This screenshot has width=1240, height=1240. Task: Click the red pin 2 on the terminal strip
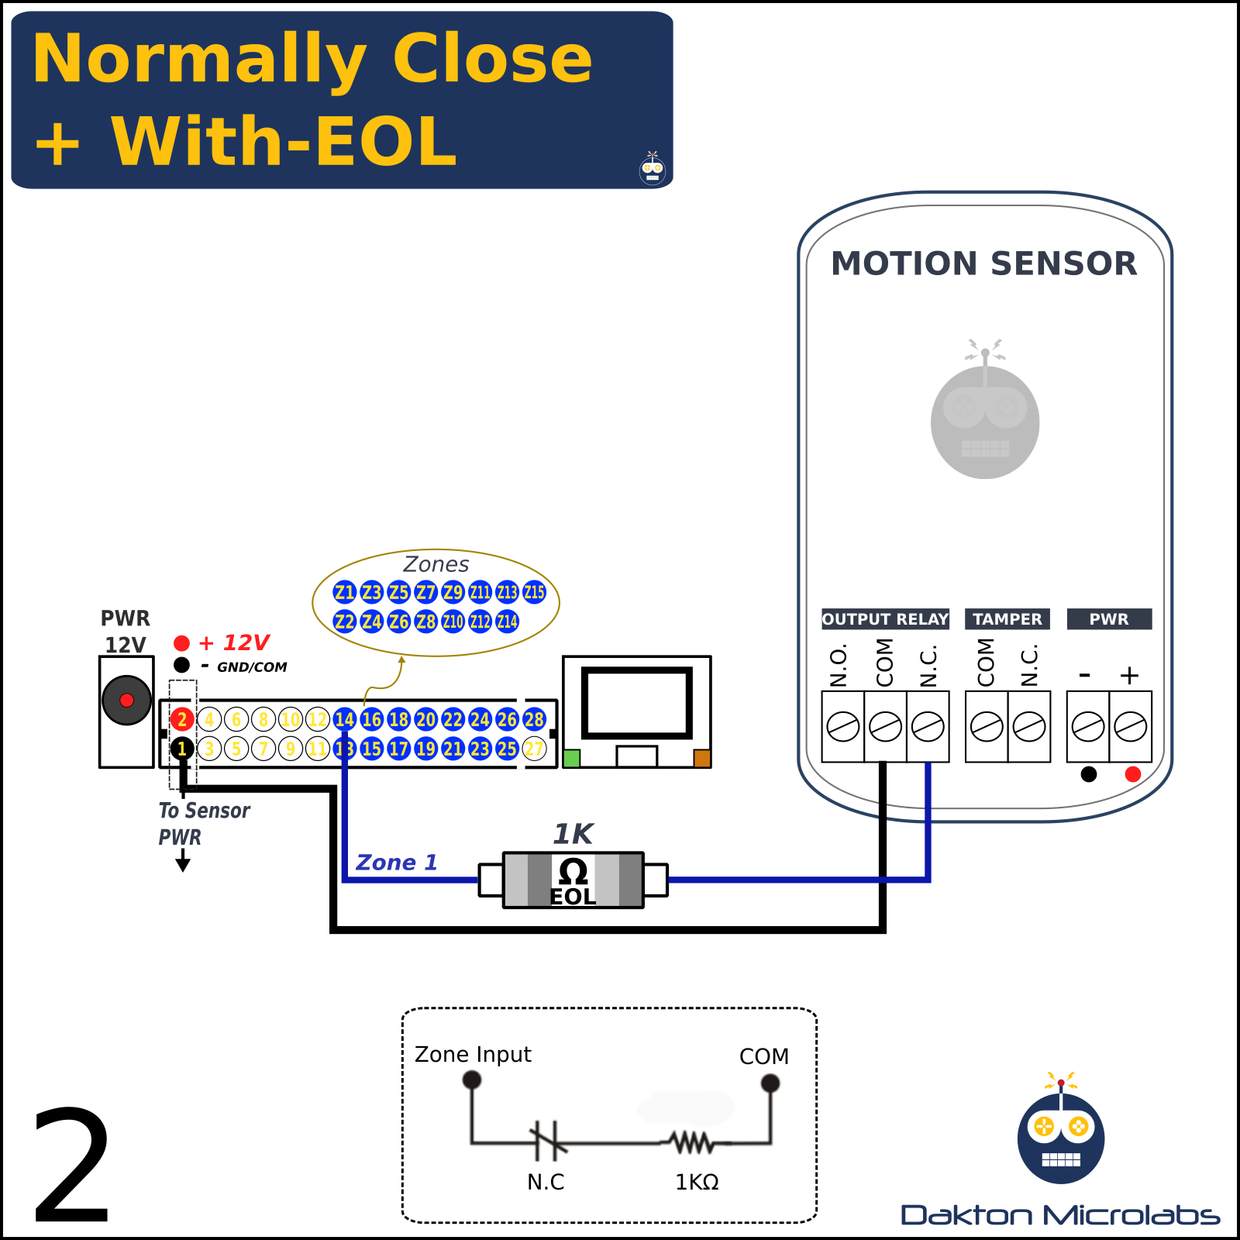click(182, 719)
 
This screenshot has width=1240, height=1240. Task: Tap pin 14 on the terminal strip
click(344, 719)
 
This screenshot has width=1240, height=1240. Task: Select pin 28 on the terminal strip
click(534, 719)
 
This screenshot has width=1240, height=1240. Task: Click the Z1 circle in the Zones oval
click(344, 593)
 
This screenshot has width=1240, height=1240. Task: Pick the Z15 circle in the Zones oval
click(534, 593)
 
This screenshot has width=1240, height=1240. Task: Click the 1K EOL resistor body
click(573, 880)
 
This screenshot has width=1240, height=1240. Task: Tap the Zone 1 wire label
click(396, 863)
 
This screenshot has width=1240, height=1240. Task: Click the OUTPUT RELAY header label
click(885, 619)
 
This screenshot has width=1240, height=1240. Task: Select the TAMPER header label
click(1007, 619)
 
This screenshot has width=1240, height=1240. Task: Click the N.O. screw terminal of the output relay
click(842, 727)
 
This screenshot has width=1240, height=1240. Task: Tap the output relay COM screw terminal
click(885, 727)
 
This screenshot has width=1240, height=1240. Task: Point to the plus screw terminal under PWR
click(1130, 727)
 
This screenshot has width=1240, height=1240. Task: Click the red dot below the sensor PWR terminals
click(1132, 774)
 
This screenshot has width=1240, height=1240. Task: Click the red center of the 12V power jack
click(126, 701)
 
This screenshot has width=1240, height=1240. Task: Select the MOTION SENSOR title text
click(983, 263)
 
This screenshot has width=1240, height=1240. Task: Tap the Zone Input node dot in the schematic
click(471, 1080)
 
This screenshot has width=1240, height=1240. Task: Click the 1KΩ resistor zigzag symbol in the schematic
click(691, 1142)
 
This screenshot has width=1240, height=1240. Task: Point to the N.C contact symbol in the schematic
click(548, 1142)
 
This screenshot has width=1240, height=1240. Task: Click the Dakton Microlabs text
click(1059, 1215)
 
